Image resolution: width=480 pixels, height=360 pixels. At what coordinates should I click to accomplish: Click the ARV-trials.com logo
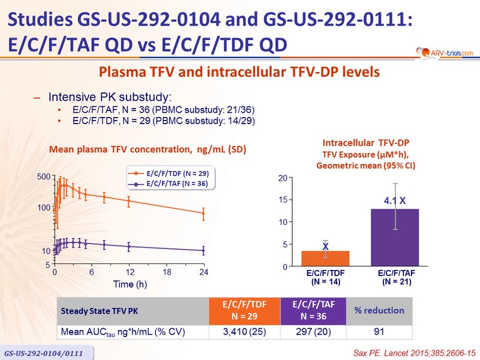[x=441, y=53]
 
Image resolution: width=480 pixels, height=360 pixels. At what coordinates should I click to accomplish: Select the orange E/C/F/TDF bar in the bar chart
[x=325, y=259]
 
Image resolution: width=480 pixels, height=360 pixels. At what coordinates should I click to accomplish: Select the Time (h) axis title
[x=131, y=283]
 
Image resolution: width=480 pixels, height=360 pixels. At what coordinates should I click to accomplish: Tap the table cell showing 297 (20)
[x=314, y=331]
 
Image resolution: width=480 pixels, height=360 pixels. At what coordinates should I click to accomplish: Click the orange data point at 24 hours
[x=203, y=213]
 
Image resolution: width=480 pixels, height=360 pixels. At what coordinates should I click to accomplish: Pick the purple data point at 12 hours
[x=129, y=247]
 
